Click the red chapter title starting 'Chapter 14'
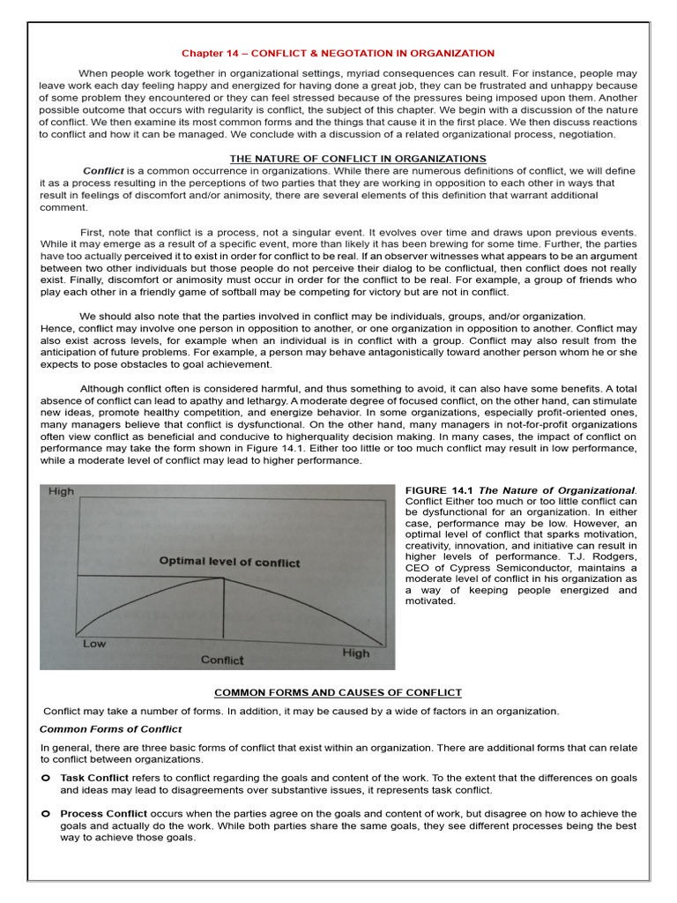click(x=338, y=53)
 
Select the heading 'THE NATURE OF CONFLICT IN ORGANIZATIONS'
click(x=358, y=159)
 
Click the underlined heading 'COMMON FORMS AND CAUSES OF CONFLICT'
click(x=339, y=693)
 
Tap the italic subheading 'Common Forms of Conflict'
click(x=111, y=729)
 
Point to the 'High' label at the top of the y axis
click(x=62, y=491)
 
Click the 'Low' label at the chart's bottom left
click(x=94, y=644)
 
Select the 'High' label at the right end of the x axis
click(x=355, y=653)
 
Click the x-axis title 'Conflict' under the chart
click(x=222, y=660)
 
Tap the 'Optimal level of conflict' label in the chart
click(x=229, y=562)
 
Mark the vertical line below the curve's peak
click(x=223, y=608)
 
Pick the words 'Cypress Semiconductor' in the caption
click(x=504, y=568)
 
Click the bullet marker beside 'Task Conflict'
click(x=45, y=778)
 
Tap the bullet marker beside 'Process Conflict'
click(x=45, y=813)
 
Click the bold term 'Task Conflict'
click(x=94, y=778)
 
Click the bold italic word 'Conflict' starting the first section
click(x=103, y=170)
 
